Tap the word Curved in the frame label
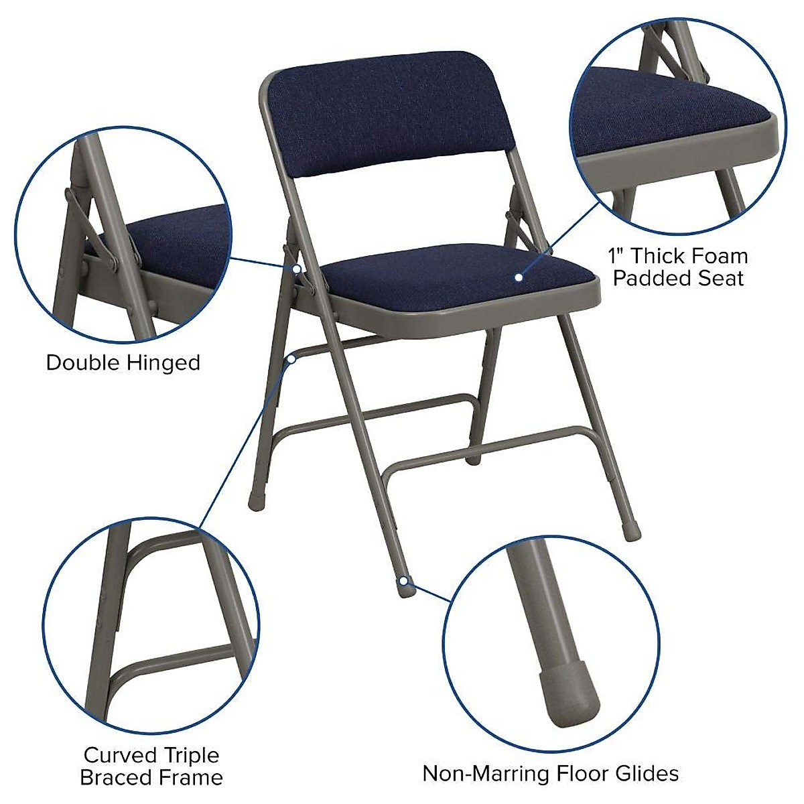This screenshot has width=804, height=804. coord(115,755)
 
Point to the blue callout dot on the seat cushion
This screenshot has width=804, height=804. coord(519,276)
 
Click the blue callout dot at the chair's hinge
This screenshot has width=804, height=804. coord(295,268)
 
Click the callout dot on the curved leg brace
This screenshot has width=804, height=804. coord(292,360)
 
